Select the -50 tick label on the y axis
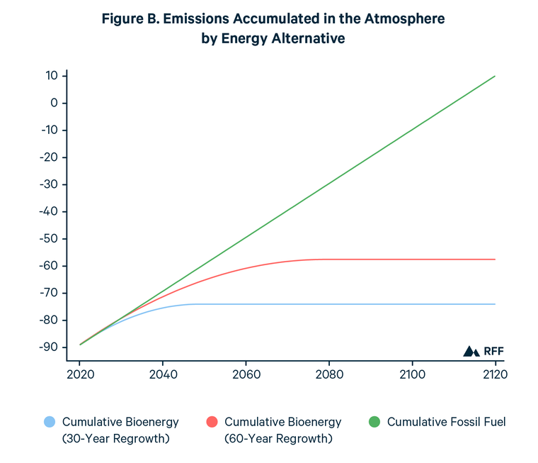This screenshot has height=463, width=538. [x=50, y=239]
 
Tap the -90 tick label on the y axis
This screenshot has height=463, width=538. [x=50, y=347]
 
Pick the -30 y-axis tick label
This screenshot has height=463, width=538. [x=50, y=184]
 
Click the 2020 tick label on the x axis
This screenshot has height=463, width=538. [x=80, y=374]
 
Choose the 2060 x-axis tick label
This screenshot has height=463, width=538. [x=246, y=374]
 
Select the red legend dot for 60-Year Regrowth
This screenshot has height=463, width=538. [x=212, y=423]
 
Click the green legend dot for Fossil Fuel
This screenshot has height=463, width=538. [x=374, y=423]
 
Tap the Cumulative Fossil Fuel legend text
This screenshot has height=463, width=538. [x=446, y=423]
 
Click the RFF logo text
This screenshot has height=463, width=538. [x=493, y=351]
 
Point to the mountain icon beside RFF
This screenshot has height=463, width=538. [x=471, y=351]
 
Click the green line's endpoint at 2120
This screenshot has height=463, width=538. [x=495, y=76]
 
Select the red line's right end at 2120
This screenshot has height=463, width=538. [x=495, y=260]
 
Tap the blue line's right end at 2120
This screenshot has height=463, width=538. [x=495, y=304]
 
